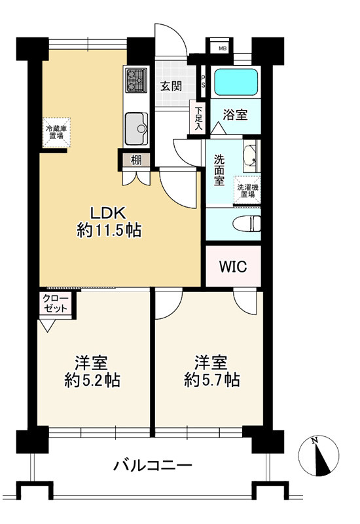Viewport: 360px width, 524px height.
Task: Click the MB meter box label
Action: pos(223,48)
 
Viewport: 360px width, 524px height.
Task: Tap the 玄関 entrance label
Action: pos(171,86)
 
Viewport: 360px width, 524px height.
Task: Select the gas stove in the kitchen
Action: pos(136,80)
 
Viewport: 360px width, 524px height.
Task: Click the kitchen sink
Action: pos(136,128)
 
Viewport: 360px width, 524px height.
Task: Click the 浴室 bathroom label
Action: pos(235,115)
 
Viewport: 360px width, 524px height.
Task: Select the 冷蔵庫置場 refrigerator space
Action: pos(56,132)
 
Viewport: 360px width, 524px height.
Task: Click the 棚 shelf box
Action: pos(135,160)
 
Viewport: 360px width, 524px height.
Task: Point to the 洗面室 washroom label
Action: pos(219,170)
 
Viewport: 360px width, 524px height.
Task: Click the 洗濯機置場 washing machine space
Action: pos(247,190)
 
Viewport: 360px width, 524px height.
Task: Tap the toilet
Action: pos(247,223)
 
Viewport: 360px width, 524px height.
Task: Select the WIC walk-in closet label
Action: pos(233,267)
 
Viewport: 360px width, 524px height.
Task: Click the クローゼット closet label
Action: pos(56,303)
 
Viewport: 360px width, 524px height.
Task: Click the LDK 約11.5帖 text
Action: pos(109,221)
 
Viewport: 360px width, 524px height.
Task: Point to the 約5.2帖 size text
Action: pos(92,381)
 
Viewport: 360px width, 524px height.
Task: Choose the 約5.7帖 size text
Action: pos(211,380)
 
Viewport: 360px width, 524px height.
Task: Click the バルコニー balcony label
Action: pos(153,466)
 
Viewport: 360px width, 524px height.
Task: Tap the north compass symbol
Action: pos(319,456)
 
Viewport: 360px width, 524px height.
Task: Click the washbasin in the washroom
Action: pos(251,156)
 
